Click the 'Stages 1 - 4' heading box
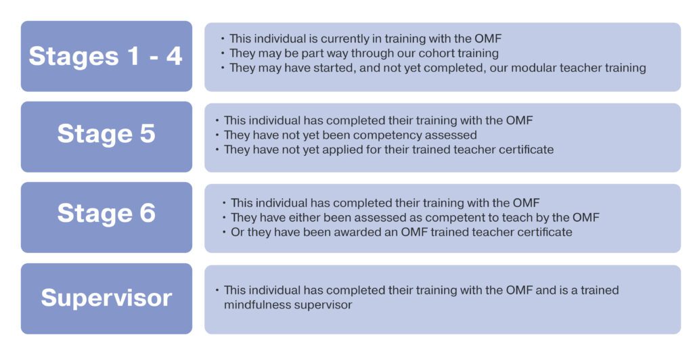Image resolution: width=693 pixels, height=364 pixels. pos(106,56)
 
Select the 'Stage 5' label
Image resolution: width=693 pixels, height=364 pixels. pos(106,134)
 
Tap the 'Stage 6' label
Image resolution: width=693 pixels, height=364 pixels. pos(106,213)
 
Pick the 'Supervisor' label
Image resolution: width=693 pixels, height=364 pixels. pos(106,298)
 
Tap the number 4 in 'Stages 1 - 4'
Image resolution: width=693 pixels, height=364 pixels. pos(174,57)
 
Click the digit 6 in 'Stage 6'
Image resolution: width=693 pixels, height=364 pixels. pos(148,213)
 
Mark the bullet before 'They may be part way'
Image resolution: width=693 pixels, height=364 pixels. pos(223,53)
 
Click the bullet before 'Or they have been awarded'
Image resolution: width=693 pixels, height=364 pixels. pos(224,232)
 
